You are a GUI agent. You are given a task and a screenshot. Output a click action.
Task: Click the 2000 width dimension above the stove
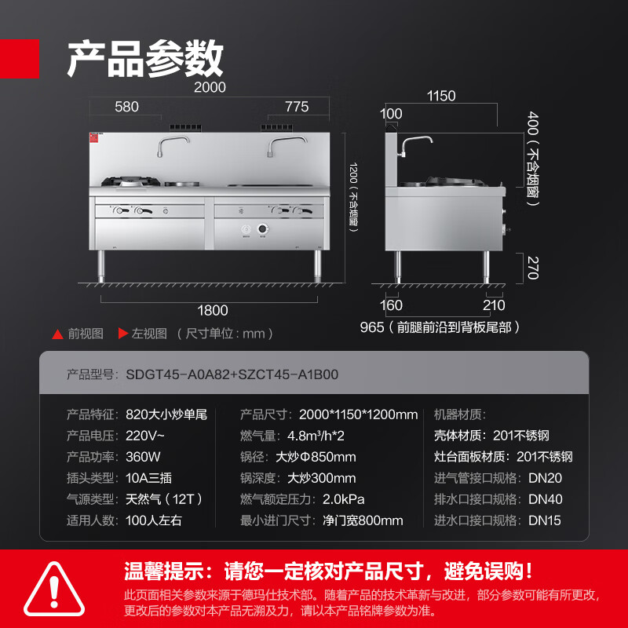coord(210,87)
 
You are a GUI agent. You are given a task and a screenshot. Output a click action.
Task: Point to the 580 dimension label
coord(126,107)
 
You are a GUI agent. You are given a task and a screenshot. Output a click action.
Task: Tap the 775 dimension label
coord(297,107)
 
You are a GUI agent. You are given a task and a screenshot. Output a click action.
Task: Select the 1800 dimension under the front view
coord(212,310)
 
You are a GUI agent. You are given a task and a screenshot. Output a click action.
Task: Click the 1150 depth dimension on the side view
coord(441,96)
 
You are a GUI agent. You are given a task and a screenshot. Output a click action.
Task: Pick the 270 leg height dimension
coord(533,268)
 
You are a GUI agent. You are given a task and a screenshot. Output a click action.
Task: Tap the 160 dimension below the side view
coord(391,305)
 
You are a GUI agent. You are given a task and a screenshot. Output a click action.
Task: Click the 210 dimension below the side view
coord(494,305)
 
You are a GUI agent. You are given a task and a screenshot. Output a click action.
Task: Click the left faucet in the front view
coord(173,145)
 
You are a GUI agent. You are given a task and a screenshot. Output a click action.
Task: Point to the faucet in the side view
coord(415,146)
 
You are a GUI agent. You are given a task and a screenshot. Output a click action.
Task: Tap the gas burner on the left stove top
coord(130,181)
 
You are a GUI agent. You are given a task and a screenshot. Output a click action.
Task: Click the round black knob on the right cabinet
coord(262,229)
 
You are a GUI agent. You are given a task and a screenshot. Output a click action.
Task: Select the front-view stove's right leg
coord(318,266)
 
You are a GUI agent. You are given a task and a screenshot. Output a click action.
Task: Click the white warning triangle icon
coord(54,590)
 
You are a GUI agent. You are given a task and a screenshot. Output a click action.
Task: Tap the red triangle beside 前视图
coord(57,334)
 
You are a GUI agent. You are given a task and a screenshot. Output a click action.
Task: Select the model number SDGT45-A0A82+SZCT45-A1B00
coord(232,374)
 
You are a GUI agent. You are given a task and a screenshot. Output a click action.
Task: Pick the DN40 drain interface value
coord(545,499)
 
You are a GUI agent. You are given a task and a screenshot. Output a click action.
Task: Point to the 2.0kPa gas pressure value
coord(343,499)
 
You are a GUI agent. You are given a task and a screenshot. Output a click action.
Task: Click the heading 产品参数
coord(145,58)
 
